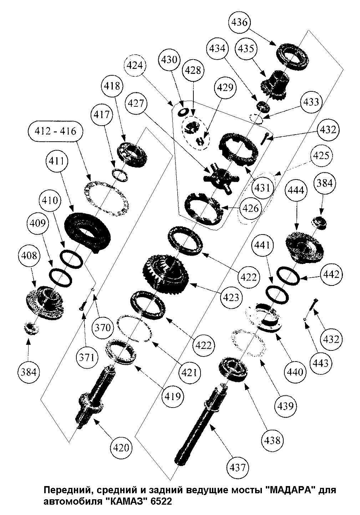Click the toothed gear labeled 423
coord(166,273)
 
